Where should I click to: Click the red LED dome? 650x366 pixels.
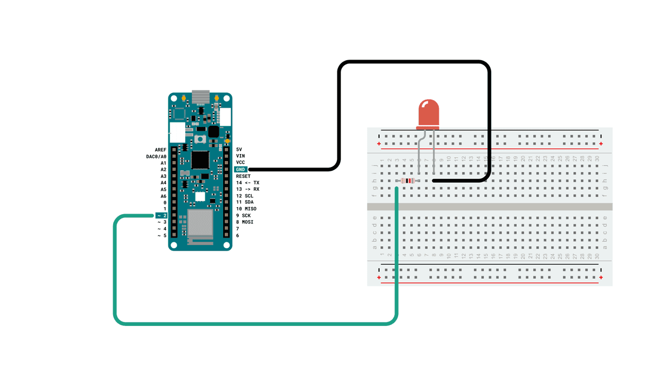coord(427,113)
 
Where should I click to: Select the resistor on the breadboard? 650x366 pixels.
coord(408,181)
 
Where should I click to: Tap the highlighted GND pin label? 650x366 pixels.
coord(241,169)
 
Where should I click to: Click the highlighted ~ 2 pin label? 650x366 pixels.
coord(161,216)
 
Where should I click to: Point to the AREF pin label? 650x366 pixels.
coord(160,150)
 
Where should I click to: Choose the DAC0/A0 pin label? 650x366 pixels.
coord(156,156)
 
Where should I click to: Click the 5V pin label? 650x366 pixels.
coord(239,149)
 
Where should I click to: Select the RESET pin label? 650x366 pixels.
coord(244,176)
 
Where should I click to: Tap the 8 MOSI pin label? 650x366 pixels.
coord(245,222)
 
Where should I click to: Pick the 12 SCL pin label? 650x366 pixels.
coord(245,196)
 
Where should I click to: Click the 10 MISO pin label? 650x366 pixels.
coord(246,209)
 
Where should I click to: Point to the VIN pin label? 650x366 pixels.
coord(240,156)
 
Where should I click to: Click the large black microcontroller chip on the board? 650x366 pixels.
coord(200,159)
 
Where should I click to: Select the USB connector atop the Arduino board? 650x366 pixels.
coord(200,97)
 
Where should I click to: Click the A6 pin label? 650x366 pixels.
coord(163,196)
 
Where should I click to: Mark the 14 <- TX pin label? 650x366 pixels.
coord(248,183)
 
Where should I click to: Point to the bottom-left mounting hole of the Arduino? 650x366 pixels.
coord(173,245)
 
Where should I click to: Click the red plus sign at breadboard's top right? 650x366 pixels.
coord(601,144)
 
